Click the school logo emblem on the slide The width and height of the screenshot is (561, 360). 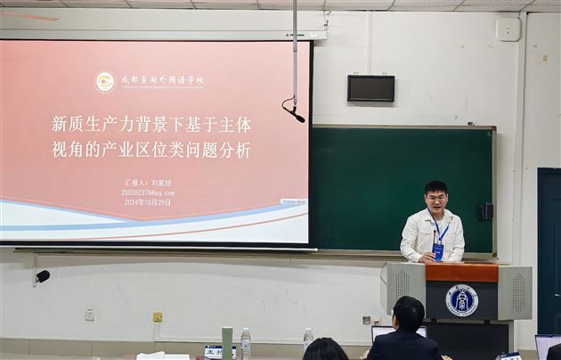[105, 81]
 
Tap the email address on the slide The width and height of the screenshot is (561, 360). [148, 192]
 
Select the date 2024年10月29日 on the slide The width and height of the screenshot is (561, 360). [148, 202]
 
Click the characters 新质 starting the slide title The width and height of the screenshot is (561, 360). [65, 124]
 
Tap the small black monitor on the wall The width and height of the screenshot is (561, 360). [370, 88]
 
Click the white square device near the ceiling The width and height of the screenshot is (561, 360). [508, 29]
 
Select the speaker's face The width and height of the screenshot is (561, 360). [435, 198]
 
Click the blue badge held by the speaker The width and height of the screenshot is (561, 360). [438, 251]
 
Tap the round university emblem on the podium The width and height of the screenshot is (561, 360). [461, 300]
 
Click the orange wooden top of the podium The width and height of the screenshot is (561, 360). [461, 273]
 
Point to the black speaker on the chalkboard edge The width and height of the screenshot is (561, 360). [485, 211]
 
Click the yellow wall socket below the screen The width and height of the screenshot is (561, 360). [158, 316]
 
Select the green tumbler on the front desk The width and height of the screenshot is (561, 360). [227, 343]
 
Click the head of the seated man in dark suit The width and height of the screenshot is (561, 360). [408, 314]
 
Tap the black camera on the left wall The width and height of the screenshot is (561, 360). [42, 276]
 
